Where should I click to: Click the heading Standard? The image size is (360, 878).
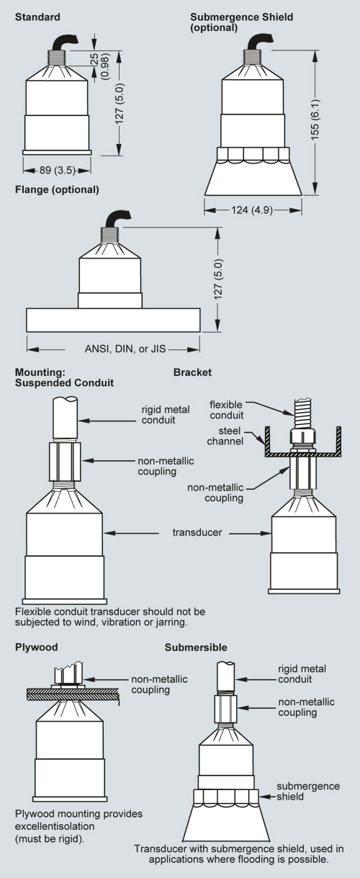37,17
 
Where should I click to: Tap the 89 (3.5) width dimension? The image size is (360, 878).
57,170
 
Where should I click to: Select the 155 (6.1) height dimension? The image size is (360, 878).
315,119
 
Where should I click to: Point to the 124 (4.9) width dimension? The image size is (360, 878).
252,210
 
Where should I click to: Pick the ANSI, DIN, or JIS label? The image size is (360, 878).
125,349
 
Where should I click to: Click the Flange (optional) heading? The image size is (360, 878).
57,189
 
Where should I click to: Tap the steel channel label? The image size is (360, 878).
226,436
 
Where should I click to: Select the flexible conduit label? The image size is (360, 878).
226,410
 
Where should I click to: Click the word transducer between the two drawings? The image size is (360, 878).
197,532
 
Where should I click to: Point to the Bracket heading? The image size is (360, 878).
192,372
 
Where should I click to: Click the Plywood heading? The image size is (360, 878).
37,647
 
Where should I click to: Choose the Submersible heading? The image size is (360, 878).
196,647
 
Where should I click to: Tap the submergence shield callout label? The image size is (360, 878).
308,792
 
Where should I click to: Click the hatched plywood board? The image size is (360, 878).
73,694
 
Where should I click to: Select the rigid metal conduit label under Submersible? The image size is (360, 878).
302,674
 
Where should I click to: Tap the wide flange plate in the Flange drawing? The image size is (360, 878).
114,320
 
